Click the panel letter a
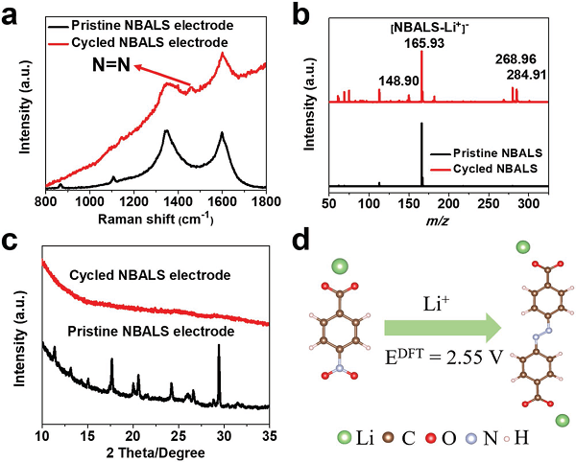pos(14,13)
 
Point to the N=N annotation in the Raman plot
pos(109,67)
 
